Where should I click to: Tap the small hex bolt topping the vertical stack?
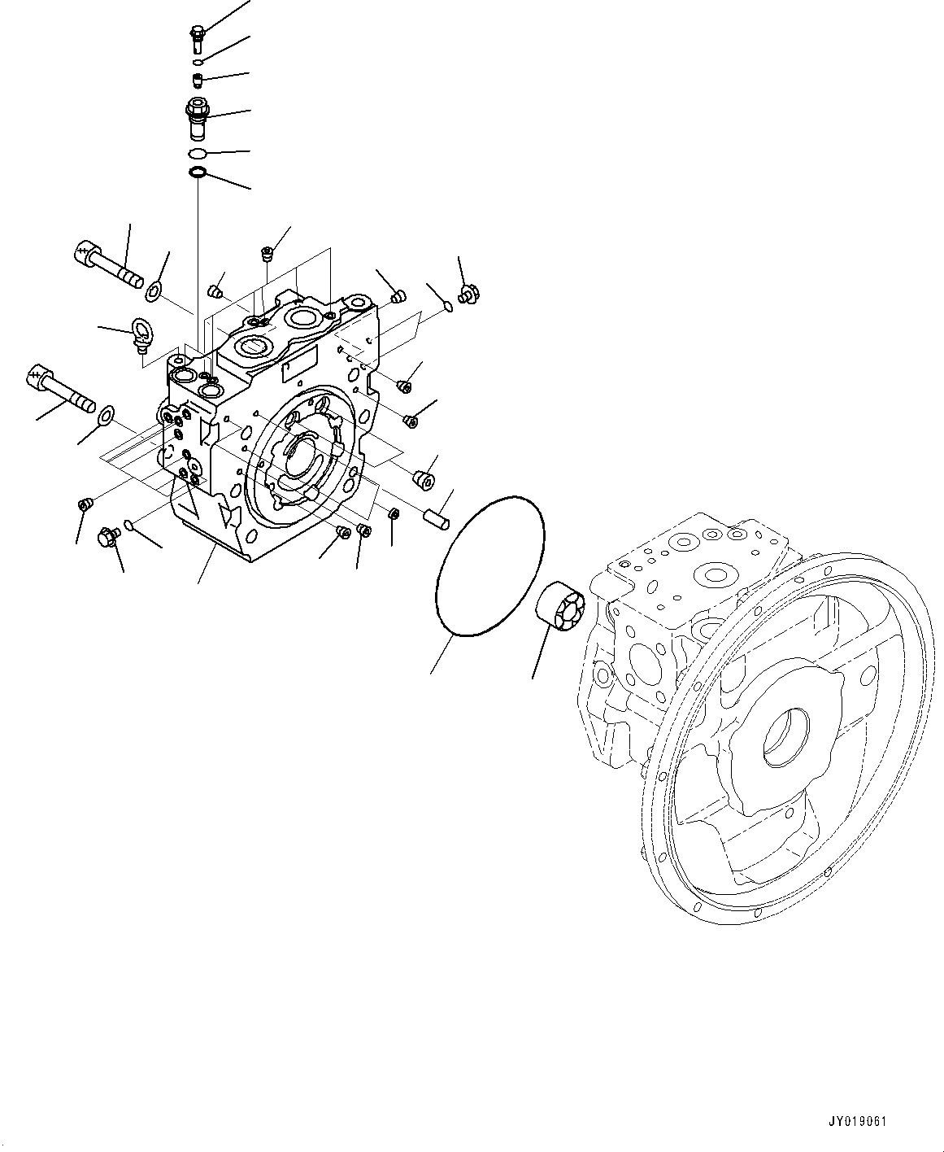[197, 36]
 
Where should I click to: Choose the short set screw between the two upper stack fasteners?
[198, 79]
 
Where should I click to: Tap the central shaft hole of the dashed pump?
[785, 738]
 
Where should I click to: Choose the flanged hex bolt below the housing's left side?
[109, 536]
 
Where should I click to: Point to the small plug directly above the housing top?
[266, 254]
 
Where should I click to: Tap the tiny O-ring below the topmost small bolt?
[198, 62]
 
